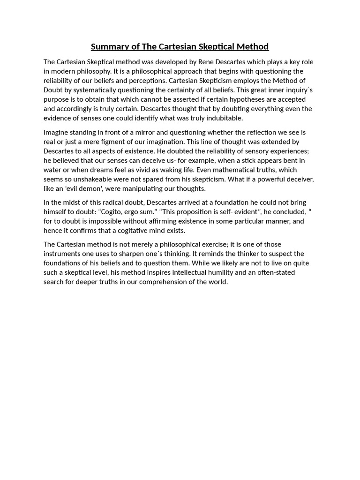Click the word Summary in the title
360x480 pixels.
coord(109,46)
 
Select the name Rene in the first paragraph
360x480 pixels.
coord(206,62)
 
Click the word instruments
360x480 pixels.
coord(62,254)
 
